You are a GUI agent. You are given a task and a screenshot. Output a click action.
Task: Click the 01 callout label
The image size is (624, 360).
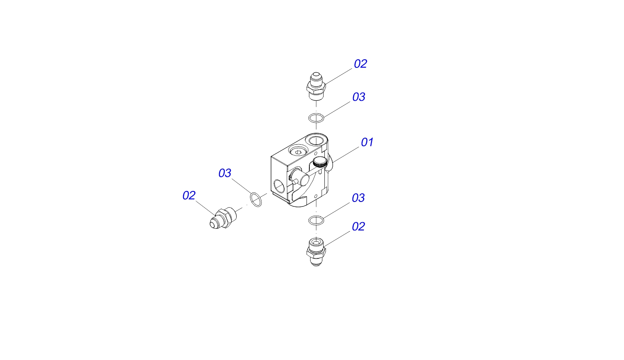coord(367,142)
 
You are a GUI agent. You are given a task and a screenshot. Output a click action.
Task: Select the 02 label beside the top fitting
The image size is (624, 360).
coord(360,64)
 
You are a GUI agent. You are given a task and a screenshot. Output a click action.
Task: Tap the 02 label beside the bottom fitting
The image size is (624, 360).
coord(358,227)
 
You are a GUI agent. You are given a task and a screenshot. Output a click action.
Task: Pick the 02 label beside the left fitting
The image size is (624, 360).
coord(189,195)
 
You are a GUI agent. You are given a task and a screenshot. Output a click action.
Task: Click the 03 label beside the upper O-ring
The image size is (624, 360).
coord(359,97)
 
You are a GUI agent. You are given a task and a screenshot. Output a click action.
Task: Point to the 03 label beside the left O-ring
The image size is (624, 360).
coord(225,173)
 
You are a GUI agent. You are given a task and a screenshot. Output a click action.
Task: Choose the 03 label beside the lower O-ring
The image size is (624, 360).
coord(358,198)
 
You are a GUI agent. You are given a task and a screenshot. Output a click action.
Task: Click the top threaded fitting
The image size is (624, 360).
coord(316,87)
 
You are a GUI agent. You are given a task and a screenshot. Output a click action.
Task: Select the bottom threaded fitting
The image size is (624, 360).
coord(316,252)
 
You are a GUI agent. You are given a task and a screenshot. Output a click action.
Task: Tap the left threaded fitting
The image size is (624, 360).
coord(223,218)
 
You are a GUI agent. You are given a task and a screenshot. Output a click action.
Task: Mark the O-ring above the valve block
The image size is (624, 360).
coord(316,118)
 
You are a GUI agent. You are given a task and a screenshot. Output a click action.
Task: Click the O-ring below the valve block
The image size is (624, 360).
coord(316,220)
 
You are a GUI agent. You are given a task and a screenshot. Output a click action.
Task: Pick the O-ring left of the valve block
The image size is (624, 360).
coord(256,200)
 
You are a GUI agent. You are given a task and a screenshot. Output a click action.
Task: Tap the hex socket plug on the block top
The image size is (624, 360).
coord(298,151)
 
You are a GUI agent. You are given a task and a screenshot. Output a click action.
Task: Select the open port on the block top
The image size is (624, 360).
coord(316,140)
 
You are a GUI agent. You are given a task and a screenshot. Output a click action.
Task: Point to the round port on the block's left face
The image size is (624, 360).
coord(279,187)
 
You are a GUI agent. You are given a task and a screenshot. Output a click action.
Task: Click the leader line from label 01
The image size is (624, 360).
coord(346,154)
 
